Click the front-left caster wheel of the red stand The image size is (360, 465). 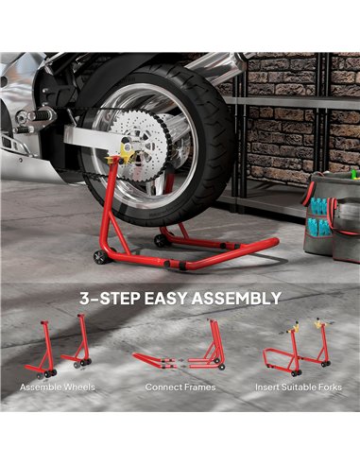tap(98, 257)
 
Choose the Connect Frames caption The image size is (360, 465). tap(180, 387)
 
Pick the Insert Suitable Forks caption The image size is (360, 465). tap(298, 387)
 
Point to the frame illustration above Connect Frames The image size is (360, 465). tap(180, 352)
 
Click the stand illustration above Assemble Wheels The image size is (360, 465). tap(60, 348)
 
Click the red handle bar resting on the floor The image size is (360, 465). tap(236, 244)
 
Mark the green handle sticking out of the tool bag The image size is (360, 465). tap(352, 175)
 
